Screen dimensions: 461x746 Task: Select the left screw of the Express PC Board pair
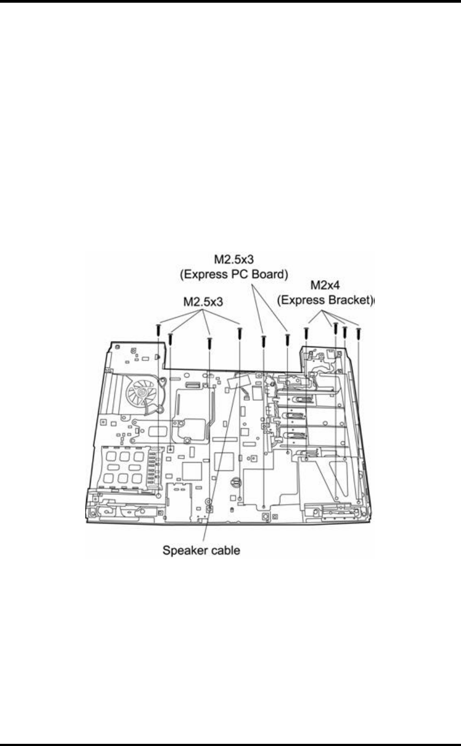[x=263, y=340]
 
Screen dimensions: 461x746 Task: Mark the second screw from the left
[x=170, y=338]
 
